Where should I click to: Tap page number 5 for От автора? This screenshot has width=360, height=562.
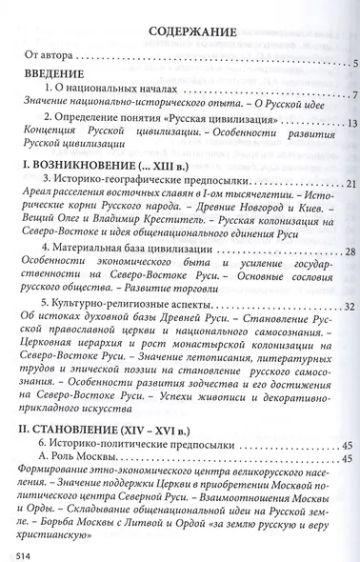(x=353, y=65)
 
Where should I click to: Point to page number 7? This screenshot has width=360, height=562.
(x=352, y=97)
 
